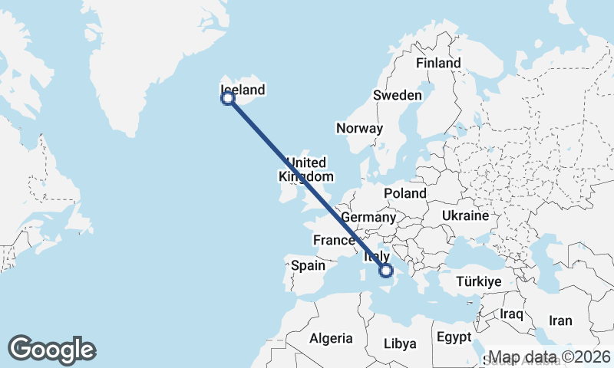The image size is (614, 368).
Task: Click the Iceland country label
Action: pos(243,90)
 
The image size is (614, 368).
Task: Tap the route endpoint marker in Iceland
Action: pos(228,98)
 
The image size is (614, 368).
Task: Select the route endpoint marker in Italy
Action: pos(386,270)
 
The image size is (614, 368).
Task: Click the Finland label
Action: pos(438,64)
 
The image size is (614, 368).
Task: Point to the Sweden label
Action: pos(397,96)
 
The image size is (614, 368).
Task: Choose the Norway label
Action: pos(359,128)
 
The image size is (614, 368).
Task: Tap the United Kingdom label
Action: pos(305,169)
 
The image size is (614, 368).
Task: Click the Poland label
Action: pos(406,193)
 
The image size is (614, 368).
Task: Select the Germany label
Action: pos(368,218)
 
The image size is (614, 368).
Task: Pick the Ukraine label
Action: pos(465,216)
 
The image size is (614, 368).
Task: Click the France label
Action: pos(334,241)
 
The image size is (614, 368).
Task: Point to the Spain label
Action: pos(309,266)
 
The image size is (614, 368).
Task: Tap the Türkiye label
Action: pos(478,282)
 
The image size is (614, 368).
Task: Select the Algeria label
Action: pos(332,338)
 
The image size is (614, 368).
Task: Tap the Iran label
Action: pos(561,320)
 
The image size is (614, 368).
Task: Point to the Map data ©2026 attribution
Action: pos(550,357)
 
